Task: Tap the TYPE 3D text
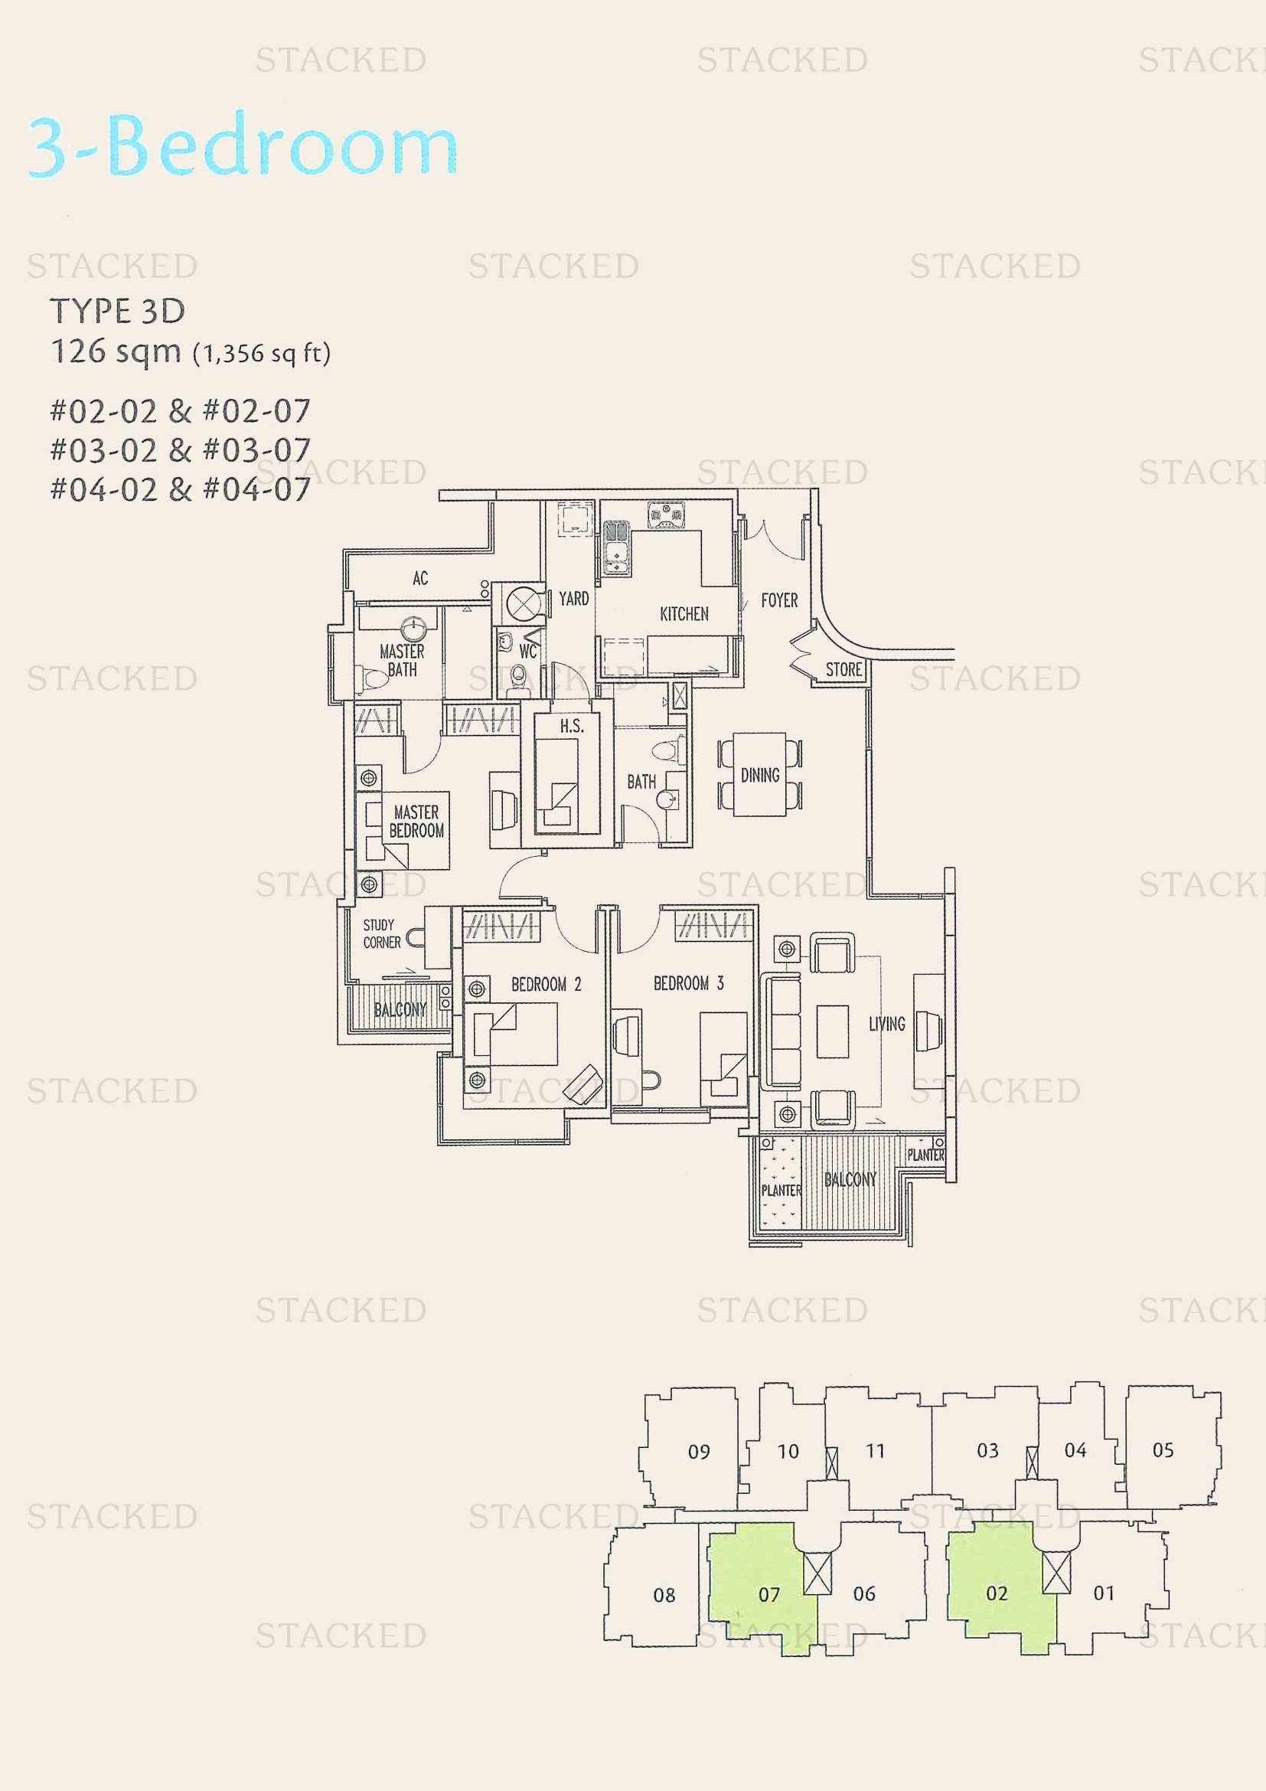(x=118, y=311)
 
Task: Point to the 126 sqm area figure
(x=116, y=351)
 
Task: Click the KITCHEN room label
(x=684, y=614)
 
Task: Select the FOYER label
(x=779, y=600)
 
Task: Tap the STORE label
(x=844, y=669)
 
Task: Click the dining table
(x=760, y=775)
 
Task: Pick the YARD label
(x=574, y=598)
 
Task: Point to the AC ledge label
(x=420, y=578)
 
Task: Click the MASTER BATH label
(x=403, y=660)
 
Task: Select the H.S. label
(x=572, y=726)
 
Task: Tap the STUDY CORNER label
(x=382, y=933)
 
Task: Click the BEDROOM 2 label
(x=547, y=985)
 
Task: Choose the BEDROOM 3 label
(x=689, y=984)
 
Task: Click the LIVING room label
(x=887, y=1024)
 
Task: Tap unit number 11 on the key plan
(x=876, y=1451)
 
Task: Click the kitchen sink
(x=617, y=547)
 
